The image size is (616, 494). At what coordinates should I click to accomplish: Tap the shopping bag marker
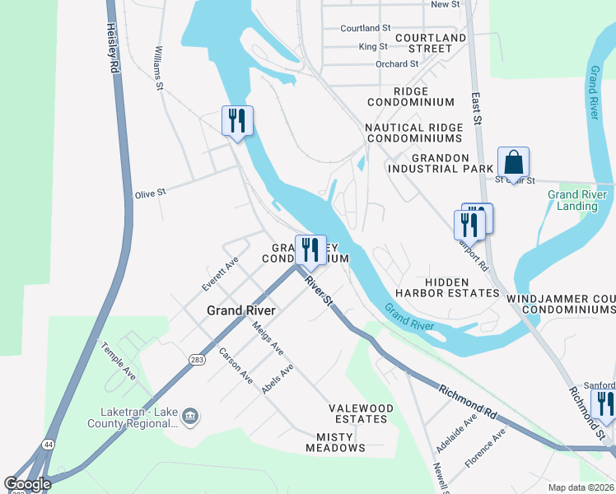513,161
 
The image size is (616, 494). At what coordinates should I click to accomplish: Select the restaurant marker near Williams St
236,120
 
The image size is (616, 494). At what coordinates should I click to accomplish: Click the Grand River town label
240,310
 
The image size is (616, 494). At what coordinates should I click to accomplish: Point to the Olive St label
151,192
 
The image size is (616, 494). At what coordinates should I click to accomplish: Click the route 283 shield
197,359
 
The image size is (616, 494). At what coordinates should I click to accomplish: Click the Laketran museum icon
190,414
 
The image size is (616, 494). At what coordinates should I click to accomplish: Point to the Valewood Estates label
358,413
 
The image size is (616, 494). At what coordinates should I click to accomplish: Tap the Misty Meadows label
335,442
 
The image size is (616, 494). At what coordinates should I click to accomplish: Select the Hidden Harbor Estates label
447,287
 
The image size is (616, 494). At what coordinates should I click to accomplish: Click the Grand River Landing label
577,200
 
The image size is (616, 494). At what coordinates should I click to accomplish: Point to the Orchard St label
396,64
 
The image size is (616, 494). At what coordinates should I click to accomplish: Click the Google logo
28,485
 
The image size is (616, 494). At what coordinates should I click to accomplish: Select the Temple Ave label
119,361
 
